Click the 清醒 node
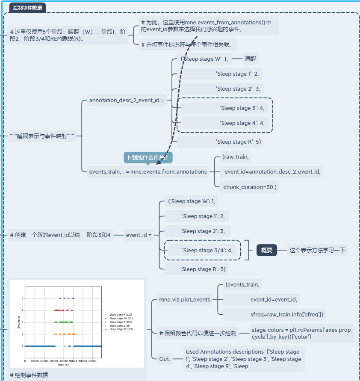pyautogui.click(x=250, y=59)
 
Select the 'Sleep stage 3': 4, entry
pyautogui.click(x=242, y=108)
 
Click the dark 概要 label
pyautogui.click(x=267, y=250)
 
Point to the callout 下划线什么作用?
pyautogui.click(x=148, y=157)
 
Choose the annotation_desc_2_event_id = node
pyautogui.click(x=127, y=100)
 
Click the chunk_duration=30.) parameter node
pyautogui.click(x=250, y=186)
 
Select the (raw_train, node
pyautogui.click(x=235, y=157)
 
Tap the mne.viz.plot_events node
pyautogui.click(x=184, y=299)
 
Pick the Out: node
pyautogui.click(x=165, y=359)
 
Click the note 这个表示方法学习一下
pyautogui.click(x=317, y=250)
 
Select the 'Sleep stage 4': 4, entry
pyautogui.click(x=242, y=123)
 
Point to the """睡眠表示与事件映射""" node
pyautogui.click(x=42, y=136)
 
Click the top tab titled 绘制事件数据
pyautogui.click(x=28, y=7)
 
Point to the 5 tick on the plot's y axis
pyautogui.click(x=22, y=298)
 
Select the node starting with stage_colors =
pyautogui.click(x=302, y=333)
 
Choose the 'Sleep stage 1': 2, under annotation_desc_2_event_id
pyautogui.click(x=237, y=74)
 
